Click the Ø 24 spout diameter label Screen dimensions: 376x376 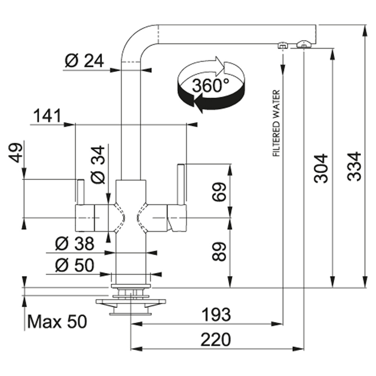pos(84,61)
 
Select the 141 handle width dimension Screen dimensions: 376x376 pos(47,116)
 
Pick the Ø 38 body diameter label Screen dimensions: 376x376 pos(75,244)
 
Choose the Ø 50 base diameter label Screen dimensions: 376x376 pos(75,265)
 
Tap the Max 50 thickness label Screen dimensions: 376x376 pos(57,322)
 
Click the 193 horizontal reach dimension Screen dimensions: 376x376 pos(216,315)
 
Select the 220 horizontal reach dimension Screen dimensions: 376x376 pos(216,340)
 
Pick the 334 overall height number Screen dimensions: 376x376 pos(354,166)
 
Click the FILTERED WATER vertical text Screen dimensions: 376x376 pos(276,123)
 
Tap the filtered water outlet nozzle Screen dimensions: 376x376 pos(283,45)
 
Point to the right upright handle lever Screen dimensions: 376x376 pos(181,184)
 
